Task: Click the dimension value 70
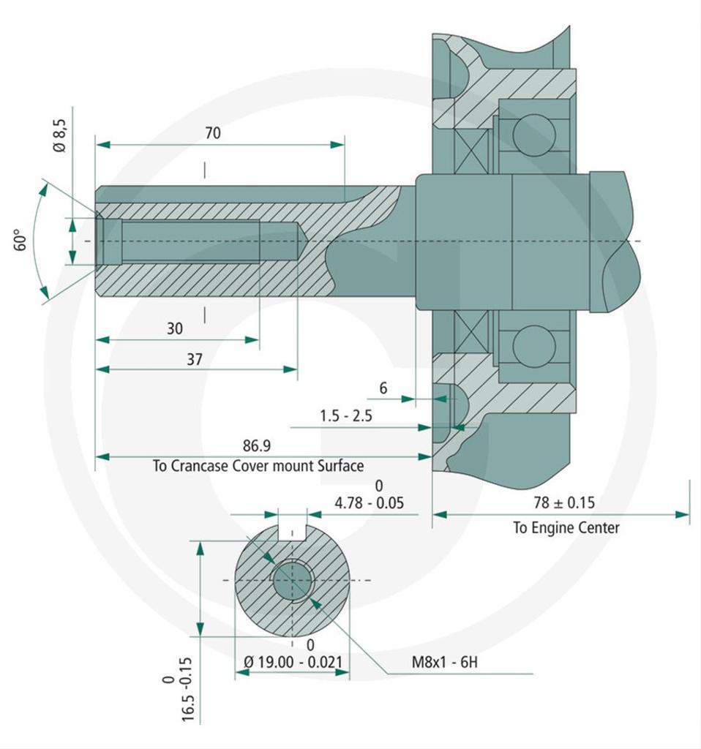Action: (x=212, y=133)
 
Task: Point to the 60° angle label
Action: (x=20, y=240)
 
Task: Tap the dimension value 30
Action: (x=174, y=328)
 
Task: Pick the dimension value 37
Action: (x=194, y=359)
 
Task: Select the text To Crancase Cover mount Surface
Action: (x=258, y=466)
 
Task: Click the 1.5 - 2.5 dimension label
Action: (x=345, y=415)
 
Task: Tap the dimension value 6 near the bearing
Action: (x=383, y=388)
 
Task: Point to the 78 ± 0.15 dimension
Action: (x=565, y=503)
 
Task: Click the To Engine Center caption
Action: (x=566, y=527)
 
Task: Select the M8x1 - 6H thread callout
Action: (x=444, y=663)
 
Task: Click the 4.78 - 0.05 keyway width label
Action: (x=369, y=503)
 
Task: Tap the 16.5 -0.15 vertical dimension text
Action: (x=178, y=688)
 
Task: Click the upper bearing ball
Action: (x=533, y=135)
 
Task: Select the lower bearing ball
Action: (x=533, y=347)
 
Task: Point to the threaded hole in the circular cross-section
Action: (x=293, y=581)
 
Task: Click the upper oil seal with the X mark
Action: (x=471, y=150)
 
